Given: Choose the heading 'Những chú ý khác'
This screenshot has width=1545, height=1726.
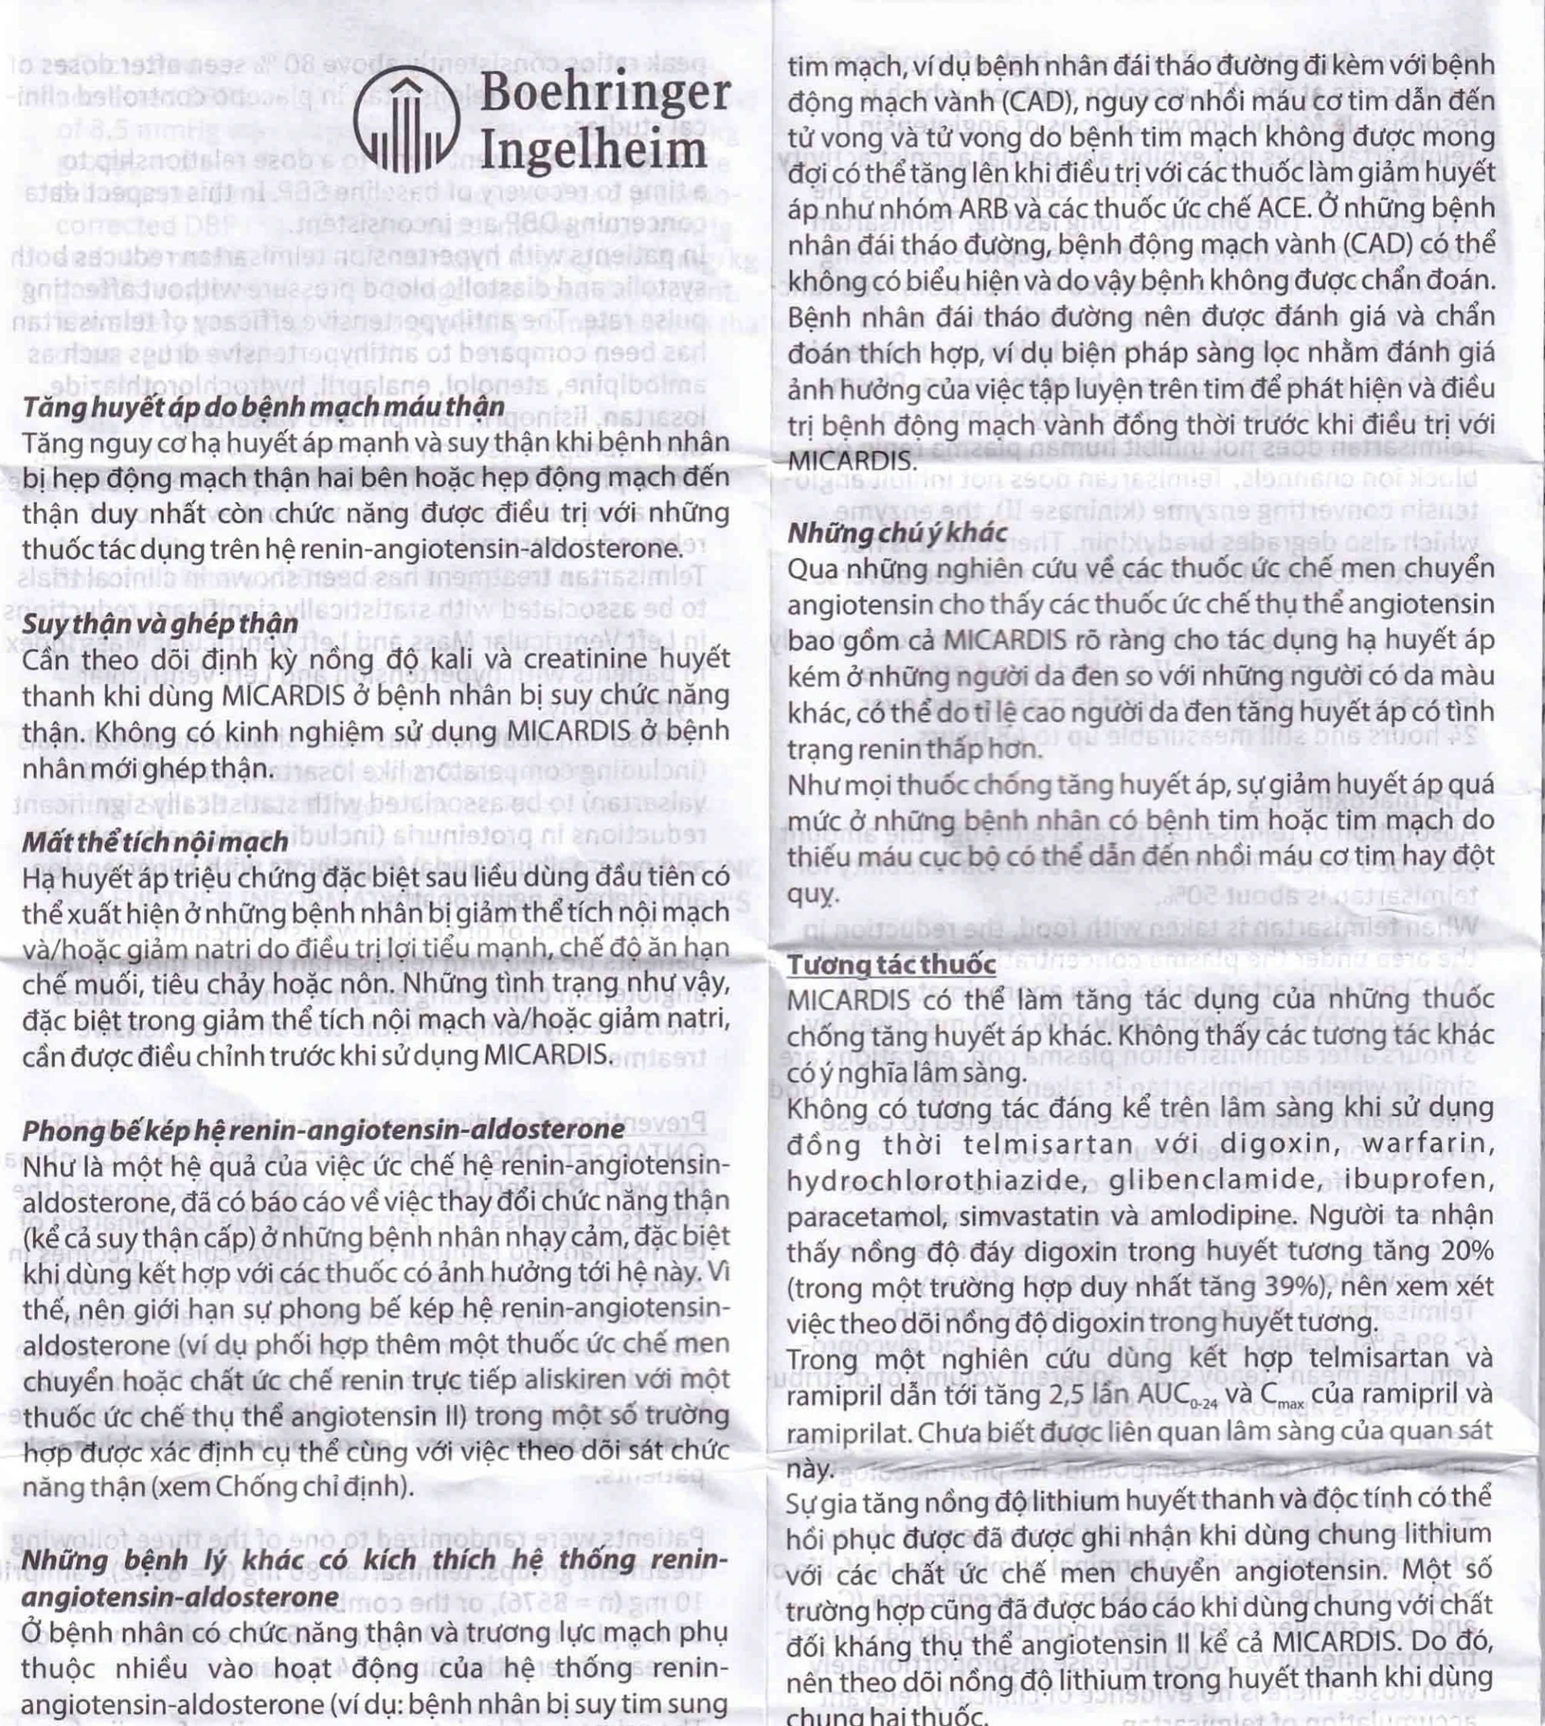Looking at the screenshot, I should [x=897, y=532].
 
